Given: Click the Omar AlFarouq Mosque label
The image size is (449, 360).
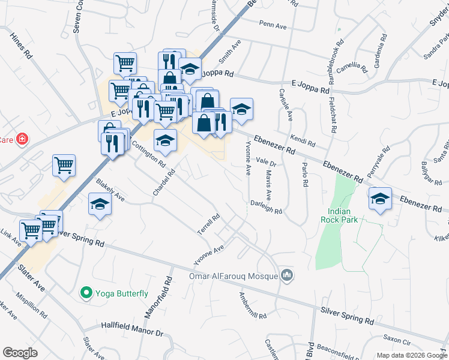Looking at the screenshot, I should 233,276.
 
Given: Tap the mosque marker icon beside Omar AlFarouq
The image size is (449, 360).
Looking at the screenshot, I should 288,275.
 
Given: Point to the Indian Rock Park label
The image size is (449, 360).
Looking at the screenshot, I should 343,215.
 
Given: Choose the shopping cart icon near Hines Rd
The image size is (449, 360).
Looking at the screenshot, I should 64,166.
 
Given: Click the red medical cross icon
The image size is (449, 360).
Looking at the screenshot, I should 23,139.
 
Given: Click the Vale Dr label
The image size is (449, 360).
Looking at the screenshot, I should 265,162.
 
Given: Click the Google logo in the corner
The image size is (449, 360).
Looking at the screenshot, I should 20,353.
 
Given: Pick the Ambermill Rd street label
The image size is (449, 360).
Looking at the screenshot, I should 252,305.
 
